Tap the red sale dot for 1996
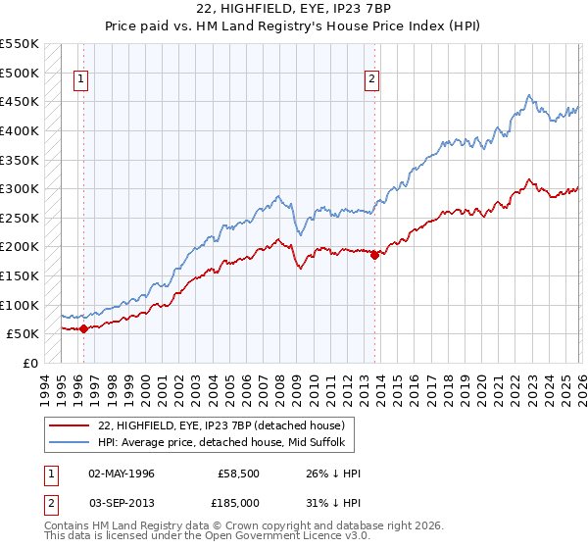(x=83, y=329)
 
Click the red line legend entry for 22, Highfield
(x=220, y=425)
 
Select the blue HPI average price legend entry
(x=220, y=443)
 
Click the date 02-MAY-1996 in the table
(x=122, y=474)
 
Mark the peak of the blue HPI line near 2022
(x=529, y=95)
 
